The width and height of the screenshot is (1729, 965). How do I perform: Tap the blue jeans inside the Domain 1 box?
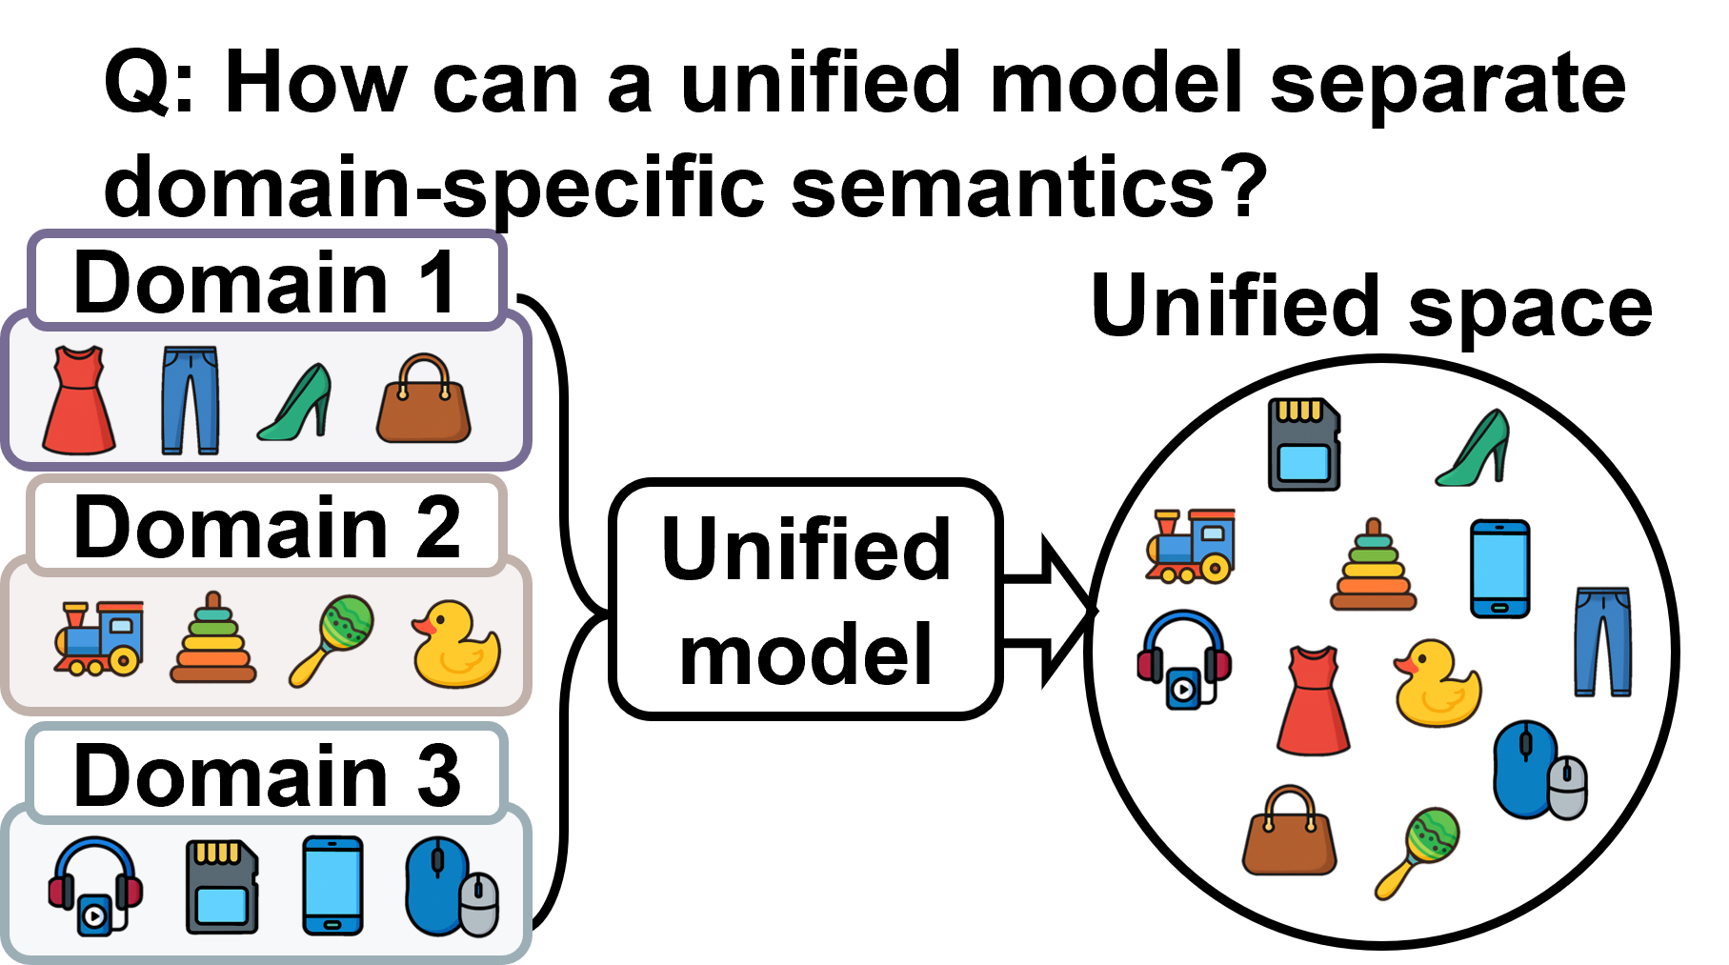pyautogui.click(x=191, y=400)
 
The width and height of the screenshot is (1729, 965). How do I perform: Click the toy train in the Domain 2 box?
pyautogui.click(x=99, y=638)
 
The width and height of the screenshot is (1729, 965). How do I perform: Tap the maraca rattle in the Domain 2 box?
pyautogui.click(x=332, y=639)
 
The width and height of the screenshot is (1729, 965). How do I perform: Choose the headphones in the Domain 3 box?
pyautogui.click(x=95, y=886)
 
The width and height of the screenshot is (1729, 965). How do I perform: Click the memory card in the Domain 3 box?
pyautogui.click(x=222, y=887)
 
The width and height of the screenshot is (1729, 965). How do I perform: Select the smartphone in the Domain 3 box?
pyautogui.click(x=332, y=886)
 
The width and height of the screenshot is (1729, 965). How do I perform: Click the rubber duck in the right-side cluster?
pyautogui.click(x=1437, y=684)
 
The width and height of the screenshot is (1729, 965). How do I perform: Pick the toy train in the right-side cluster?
pyautogui.click(x=1192, y=546)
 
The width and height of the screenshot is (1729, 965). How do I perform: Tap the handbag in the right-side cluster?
pyautogui.click(x=1290, y=832)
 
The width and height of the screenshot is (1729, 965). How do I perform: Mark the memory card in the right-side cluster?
pyautogui.click(x=1304, y=445)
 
